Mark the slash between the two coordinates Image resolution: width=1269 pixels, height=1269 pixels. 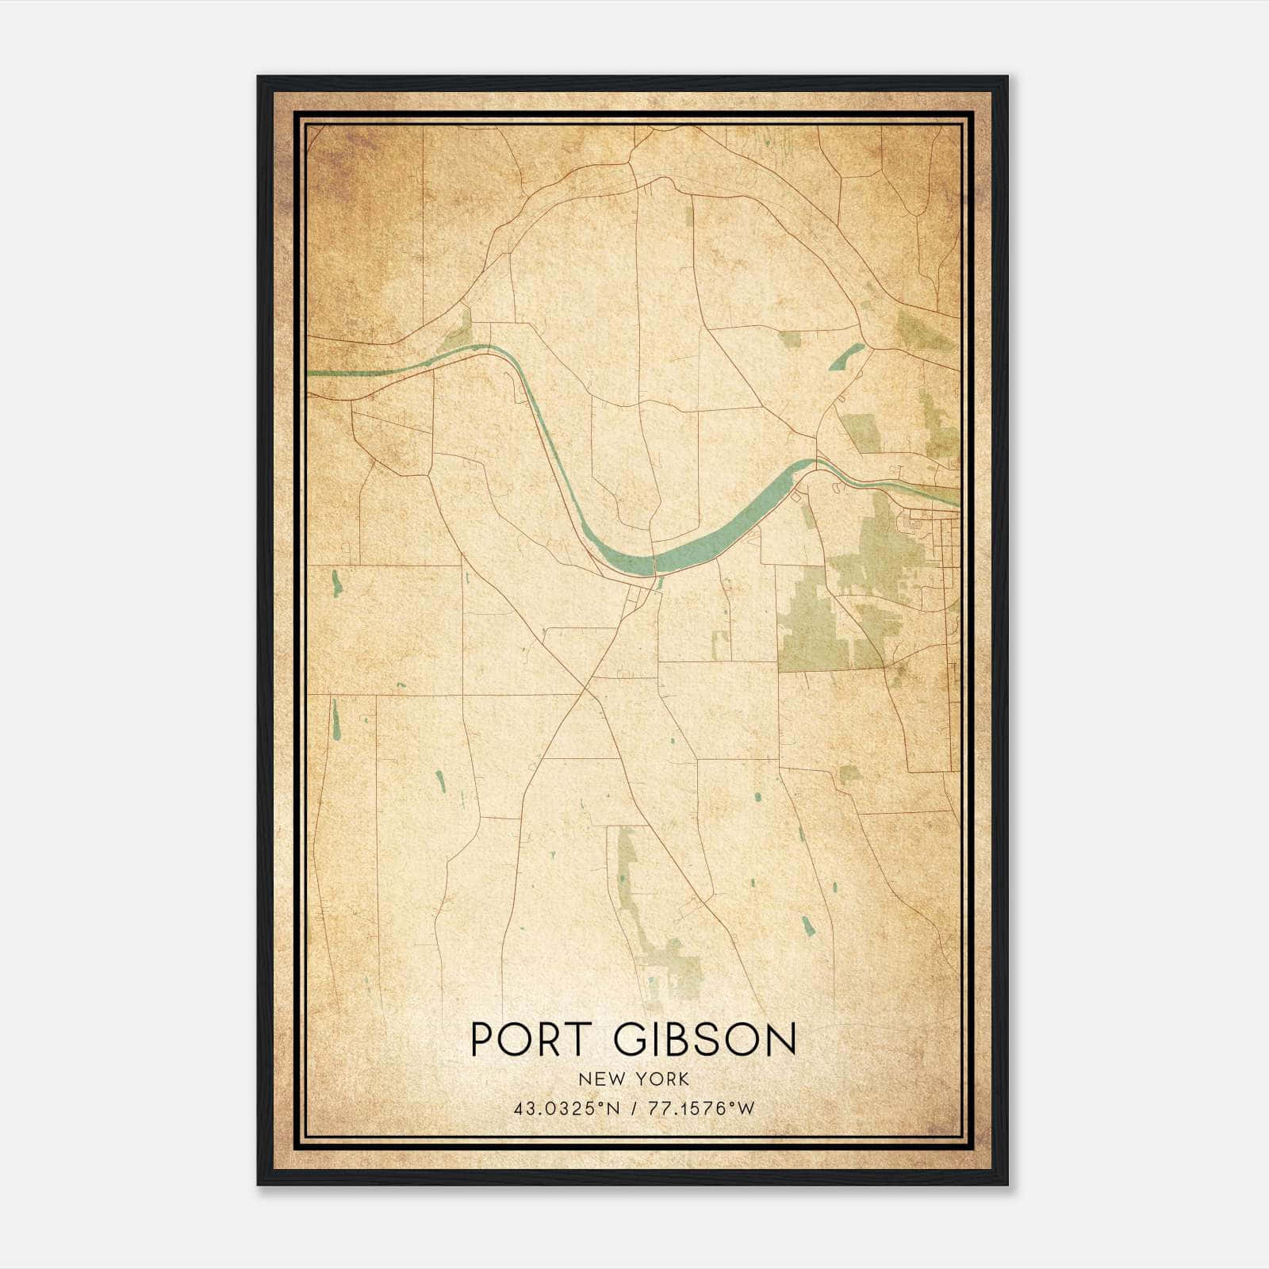pyautogui.click(x=633, y=1109)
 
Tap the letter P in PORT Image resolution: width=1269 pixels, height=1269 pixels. pyautogui.click(x=483, y=1039)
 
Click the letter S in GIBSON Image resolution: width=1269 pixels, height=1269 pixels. pyautogui.click(x=711, y=1039)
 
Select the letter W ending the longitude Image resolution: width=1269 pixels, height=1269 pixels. pyautogui.click(x=746, y=1109)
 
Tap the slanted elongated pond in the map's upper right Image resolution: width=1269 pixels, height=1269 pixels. pyautogui.click(x=846, y=356)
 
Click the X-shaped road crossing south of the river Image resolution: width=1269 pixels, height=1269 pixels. pyautogui.click(x=585, y=688)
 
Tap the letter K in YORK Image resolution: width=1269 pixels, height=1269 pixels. pyautogui.click(x=684, y=1079)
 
